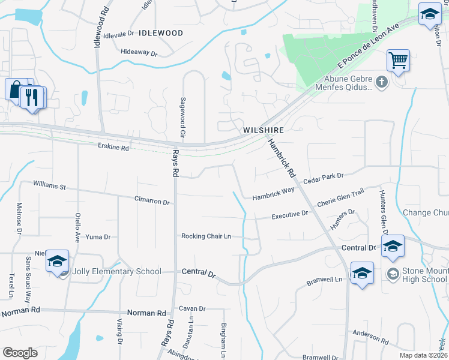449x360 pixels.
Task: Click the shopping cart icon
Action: (397, 61)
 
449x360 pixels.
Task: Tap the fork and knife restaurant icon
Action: (32, 97)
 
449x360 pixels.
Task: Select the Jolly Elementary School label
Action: (116, 271)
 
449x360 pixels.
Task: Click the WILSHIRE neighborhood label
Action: (263, 130)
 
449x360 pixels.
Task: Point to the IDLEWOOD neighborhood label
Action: (160, 34)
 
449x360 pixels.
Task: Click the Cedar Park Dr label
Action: (323, 179)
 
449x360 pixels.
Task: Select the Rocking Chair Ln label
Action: (206, 236)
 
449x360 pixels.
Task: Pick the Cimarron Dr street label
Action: (152, 202)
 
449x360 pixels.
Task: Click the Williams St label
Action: (49, 185)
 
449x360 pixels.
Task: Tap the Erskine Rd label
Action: (113, 148)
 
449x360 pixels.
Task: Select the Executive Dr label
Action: (289, 214)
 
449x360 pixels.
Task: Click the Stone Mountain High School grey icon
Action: (393, 274)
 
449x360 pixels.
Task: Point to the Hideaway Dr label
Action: (138, 53)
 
